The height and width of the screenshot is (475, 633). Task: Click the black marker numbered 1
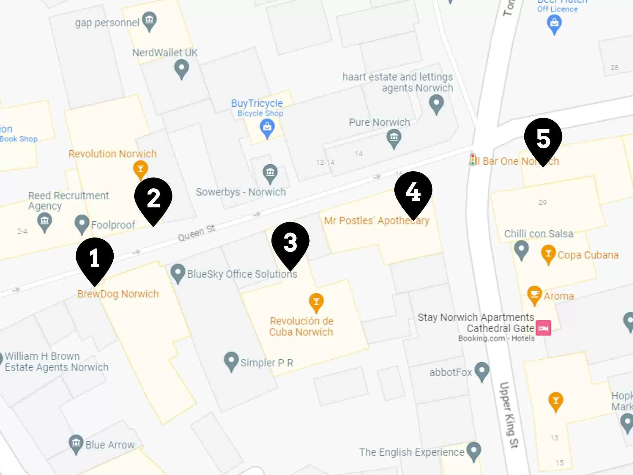pyautogui.click(x=95, y=258)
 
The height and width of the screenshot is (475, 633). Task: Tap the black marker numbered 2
pyautogui.click(x=153, y=198)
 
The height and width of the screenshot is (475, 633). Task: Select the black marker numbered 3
pyautogui.click(x=290, y=243)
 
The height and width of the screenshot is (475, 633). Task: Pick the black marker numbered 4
pyautogui.click(x=413, y=192)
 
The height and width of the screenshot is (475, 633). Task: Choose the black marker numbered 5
pyautogui.click(x=543, y=139)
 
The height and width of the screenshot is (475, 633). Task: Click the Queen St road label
pyautogui.click(x=197, y=233)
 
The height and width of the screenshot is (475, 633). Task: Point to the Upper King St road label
pyautogui.click(x=509, y=415)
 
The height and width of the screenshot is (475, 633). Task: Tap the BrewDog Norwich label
pyautogui.click(x=118, y=294)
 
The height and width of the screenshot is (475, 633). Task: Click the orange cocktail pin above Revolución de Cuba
pyautogui.click(x=316, y=302)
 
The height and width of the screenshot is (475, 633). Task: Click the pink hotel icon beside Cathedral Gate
pyautogui.click(x=543, y=328)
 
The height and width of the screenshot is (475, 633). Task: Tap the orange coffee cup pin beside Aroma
pyautogui.click(x=534, y=295)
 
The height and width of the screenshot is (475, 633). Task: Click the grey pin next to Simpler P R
pyautogui.click(x=231, y=361)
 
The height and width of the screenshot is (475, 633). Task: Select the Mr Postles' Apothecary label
pyautogui.click(x=377, y=220)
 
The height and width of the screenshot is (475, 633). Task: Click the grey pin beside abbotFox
pyautogui.click(x=482, y=371)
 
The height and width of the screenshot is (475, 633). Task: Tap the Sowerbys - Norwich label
pyautogui.click(x=241, y=192)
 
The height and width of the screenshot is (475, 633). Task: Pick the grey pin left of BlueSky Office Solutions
pyautogui.click(x=178, y=273)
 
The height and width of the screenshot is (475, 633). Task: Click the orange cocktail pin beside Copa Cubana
pyautogui.click(x=548, y=254)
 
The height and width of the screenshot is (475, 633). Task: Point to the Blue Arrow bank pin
pyautogui.click(x=76, y=444)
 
